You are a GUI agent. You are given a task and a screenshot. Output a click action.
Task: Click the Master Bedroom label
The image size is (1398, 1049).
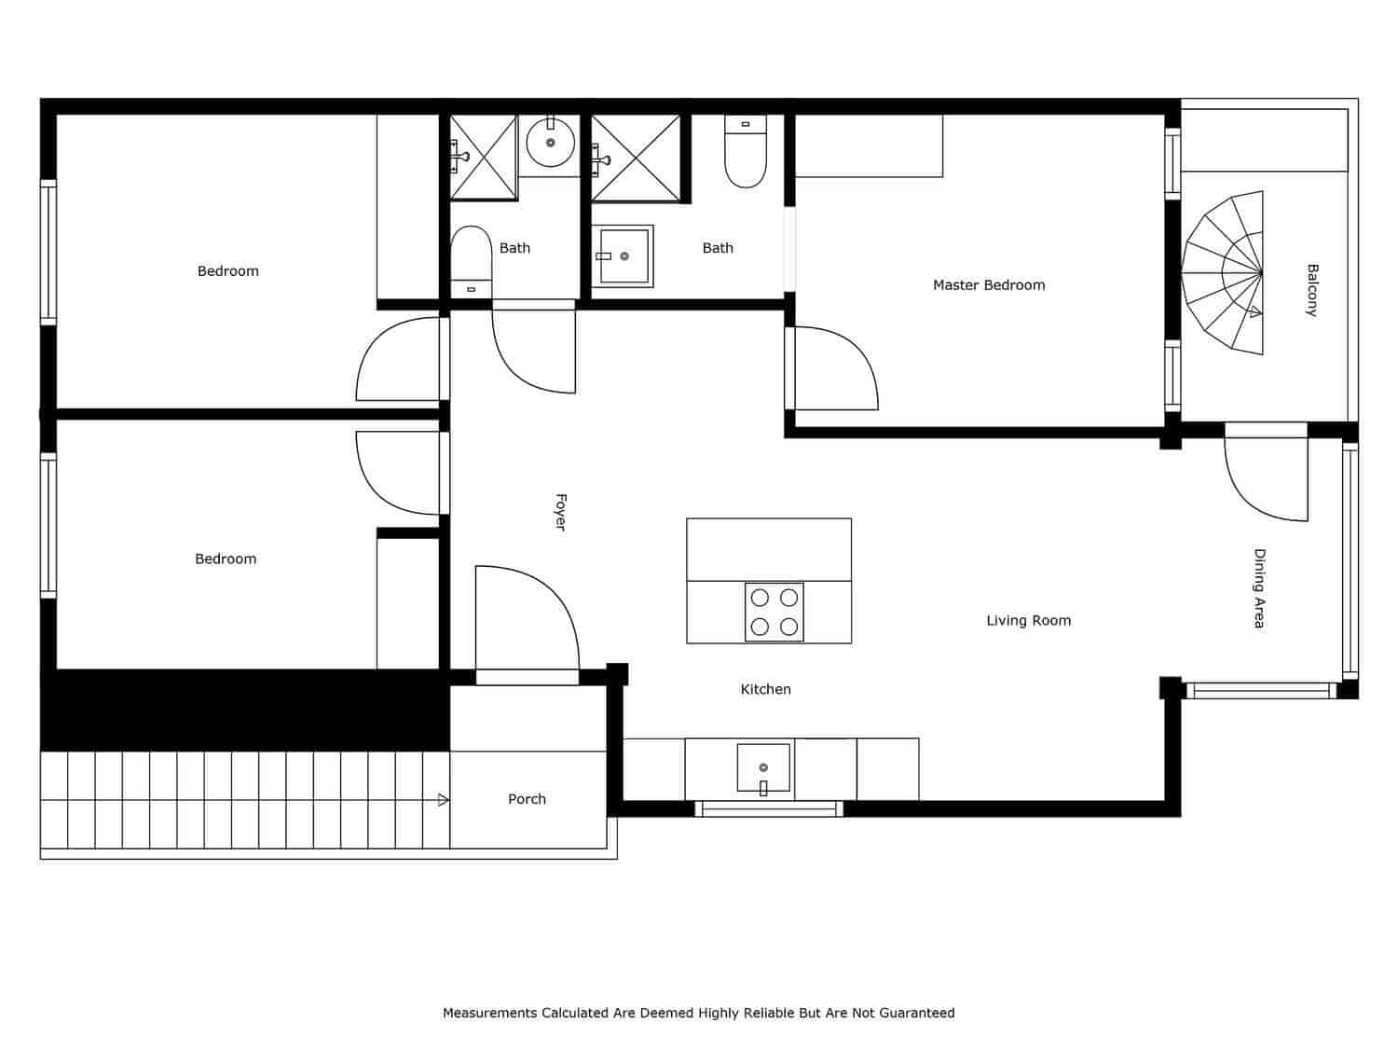(x=989, y=285)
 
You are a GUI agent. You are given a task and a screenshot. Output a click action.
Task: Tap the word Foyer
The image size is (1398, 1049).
(x=560, y=512)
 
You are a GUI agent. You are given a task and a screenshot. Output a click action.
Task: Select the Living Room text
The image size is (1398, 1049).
(x=1028, y=620)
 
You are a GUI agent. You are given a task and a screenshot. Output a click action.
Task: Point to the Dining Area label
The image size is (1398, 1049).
(x=1259, y=587)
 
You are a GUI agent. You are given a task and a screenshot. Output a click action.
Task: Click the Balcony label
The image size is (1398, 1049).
(x=1312, y=290)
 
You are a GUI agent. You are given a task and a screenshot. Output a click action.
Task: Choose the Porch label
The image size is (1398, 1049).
(x=527, y=799)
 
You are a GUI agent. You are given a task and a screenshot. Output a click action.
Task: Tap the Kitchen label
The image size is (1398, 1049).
(x=765, y=689)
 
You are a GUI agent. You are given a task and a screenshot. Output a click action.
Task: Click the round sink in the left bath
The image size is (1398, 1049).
(x=550, y=143)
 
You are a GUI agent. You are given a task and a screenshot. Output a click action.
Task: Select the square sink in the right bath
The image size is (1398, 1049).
(x=624, y=255)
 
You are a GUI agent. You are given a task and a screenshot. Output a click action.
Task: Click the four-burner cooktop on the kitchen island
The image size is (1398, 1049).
(x=774, y=612)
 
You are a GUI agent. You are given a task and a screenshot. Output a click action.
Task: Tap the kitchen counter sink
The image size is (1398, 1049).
(x=763, y=768)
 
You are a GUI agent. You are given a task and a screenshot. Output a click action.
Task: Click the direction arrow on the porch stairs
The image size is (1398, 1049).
(x=443, y=800)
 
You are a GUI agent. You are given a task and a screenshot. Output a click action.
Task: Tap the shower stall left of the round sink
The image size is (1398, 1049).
(x=483, y=157)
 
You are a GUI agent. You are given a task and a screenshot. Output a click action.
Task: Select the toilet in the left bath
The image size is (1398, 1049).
(x=471, y=259)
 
